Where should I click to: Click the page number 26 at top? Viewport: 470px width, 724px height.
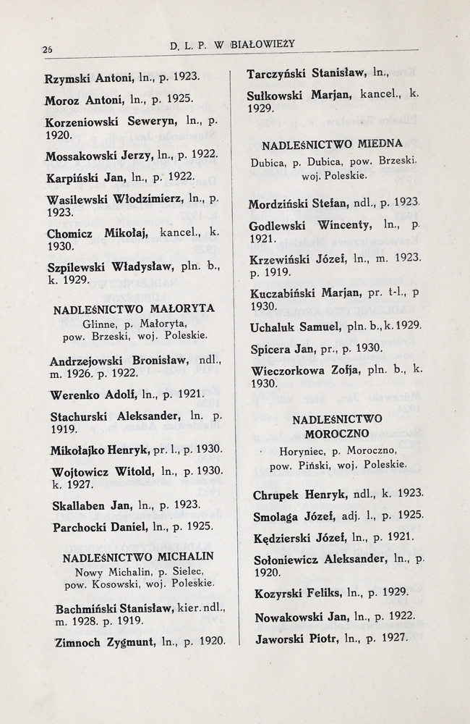click(x=48, y=49)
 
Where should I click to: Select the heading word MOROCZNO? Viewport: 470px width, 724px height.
click(x=337, y=433)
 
